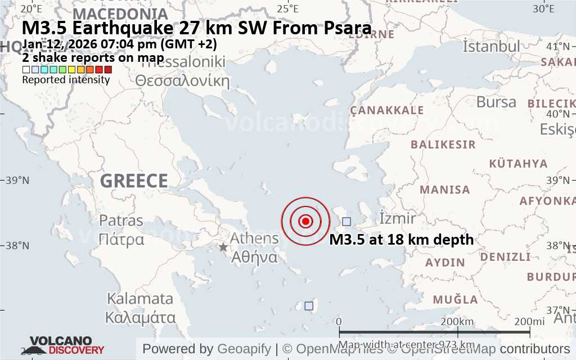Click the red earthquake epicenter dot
(305, 221)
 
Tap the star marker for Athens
(223, 247)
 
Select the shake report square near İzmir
(346, 222)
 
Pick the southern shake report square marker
(309, 305)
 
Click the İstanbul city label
(491, 47)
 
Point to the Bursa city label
(496, 102)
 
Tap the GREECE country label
(134, 181)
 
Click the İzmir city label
(398, 218)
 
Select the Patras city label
(121, 220)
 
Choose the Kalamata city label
(140, 298)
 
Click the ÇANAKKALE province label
(387, 110)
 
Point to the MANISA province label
(444, 190)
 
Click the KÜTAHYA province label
(518, 164)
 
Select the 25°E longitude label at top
(287, 8)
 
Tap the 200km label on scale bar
(457, 321)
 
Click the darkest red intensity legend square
(108, 70)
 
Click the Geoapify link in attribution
(244, 349)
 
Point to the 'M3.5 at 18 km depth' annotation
(401, 240)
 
